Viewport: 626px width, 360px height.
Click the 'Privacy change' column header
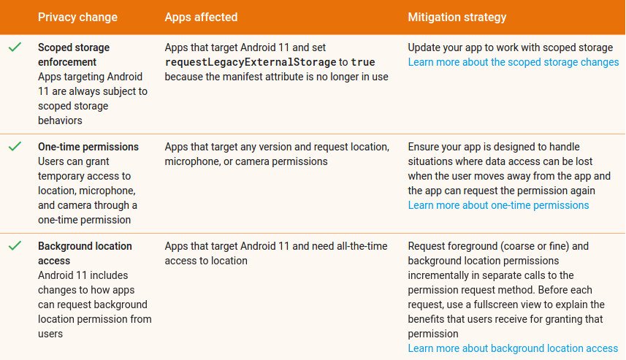pos(77,18)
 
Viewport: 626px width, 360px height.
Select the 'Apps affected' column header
pos(201,18)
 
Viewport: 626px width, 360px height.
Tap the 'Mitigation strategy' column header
pos(457,18)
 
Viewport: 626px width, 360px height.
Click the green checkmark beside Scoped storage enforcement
pos(15,47)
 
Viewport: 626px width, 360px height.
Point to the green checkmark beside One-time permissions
pos(15,147)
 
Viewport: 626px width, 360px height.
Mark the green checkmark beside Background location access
pos(15,245)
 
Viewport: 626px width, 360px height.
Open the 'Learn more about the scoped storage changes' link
pos(514,62)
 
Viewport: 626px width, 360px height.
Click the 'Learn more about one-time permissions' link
pos(498,205)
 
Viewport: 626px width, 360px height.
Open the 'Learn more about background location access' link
pos(513,348)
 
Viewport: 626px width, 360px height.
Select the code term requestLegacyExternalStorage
pos(251,62)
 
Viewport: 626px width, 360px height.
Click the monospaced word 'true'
pos(363,62)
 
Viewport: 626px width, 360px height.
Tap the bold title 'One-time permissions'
pos(88,147)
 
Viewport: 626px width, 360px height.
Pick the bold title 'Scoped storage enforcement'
pos(74,55)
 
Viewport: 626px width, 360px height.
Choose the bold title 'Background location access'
pos(85,253)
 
